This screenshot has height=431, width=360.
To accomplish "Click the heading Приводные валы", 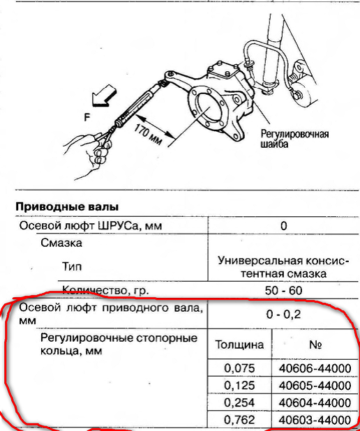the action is click(x=67, y=206).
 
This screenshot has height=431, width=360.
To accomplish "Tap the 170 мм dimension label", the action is click(x=148, y=135).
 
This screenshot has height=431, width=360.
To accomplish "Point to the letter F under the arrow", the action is click(x=87, y=117).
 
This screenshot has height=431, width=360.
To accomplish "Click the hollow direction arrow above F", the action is click(x=105, y=95).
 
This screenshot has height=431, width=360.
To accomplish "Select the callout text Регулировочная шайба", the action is click(x=294, y=139).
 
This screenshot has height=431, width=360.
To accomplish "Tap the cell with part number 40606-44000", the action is click(x=315, y=368).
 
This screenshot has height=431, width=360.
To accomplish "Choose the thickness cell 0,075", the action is click(x=239, y=368).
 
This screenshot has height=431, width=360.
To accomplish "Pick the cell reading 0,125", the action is click(x=239, y=386).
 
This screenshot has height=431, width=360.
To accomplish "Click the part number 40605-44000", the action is click(x=315, y=386).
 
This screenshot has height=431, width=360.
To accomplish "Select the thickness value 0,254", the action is click(x=239, y=402).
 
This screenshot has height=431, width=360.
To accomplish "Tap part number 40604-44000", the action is click(x=315, y=402).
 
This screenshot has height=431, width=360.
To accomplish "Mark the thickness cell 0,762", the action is click(x=239, y=420).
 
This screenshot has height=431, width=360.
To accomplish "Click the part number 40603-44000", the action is click(x=315, y=420).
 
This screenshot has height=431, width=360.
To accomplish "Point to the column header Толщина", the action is click(x=239, y=345).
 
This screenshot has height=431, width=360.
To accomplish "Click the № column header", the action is click(x=315, y=345).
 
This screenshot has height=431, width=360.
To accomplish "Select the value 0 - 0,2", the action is click(x=283, y=314).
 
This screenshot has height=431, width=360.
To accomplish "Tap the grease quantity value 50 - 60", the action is click(x=283, y=291).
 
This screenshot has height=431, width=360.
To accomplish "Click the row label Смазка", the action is click(x=61, y=243).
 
